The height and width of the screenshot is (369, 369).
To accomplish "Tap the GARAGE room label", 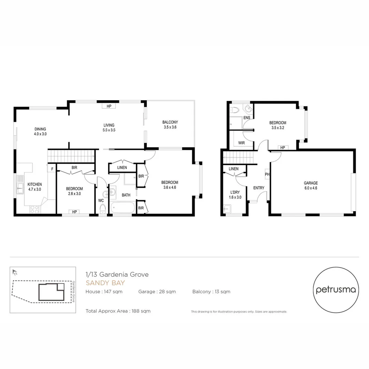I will point(311,185).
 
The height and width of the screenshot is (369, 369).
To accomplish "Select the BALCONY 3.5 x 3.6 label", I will point(170,124).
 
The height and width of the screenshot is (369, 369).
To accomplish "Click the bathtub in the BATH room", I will point(123,208).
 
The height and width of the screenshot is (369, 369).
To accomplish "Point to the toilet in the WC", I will point(102,208).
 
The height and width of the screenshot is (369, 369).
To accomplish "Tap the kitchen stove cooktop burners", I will point(34,209).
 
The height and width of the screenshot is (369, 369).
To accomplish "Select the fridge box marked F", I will point(52,169).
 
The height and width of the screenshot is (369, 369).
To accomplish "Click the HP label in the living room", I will point(109,106).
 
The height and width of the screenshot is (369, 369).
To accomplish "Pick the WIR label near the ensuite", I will point(241,142).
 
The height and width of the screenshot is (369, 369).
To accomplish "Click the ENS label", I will point(247,118).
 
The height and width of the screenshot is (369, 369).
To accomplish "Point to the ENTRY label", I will point(259,188).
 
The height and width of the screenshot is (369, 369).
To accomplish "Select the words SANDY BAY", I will point(105,283).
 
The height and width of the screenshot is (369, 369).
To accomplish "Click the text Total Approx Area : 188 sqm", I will point(118,311).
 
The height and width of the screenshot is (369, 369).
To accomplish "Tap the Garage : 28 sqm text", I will point(157,292).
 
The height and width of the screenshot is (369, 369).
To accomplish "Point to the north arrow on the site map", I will point(15,272).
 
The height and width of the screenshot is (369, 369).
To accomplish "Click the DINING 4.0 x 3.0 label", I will point(40,132).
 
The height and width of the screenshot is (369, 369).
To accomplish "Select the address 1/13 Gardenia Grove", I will point(117,274).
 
